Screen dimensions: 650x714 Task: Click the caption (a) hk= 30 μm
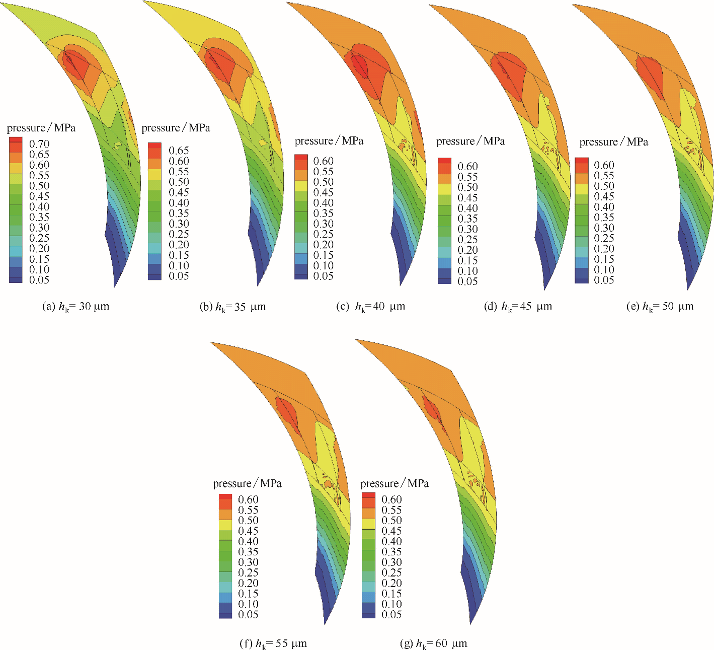click(76, 306)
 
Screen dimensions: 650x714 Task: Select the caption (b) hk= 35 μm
click(232, 307)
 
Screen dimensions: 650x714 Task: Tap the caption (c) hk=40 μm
click(370, 306)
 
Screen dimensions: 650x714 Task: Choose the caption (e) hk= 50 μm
click(660, 306)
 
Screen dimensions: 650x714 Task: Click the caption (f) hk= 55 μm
click(273, 643)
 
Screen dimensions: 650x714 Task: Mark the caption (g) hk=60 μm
click(433, 643)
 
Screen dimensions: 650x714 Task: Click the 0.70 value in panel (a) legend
click(39, 144)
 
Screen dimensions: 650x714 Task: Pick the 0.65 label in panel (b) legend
click(179, 151)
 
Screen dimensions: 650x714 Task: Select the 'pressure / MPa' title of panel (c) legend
click(329, 141)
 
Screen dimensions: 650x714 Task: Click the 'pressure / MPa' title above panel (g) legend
click(394, 483)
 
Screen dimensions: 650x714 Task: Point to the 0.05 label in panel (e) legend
click(604, 280)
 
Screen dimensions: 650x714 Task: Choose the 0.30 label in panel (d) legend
click(467, 229)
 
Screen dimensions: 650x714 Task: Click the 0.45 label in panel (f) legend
click(248, 531)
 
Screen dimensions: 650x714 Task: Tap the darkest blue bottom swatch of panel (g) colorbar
click(368, 615)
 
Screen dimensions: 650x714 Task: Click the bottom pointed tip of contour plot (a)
click(115, 286)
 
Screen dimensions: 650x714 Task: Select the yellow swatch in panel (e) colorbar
click(582, 189)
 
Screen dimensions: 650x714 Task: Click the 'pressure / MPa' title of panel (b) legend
click(176, 128)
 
